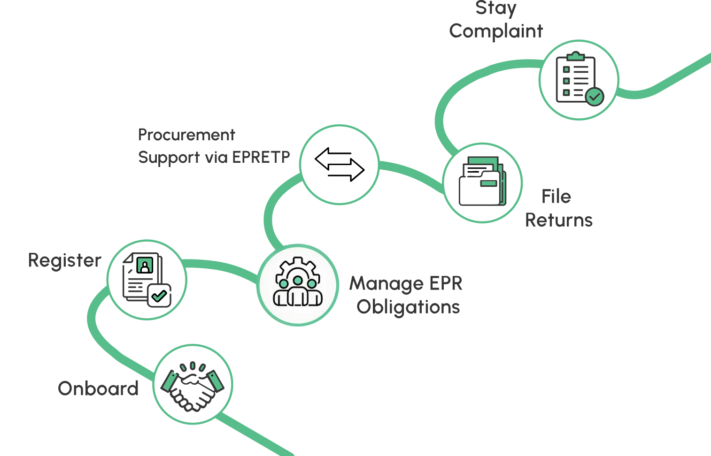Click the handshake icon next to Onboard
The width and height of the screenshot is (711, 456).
193,385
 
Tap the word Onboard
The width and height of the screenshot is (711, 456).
98,389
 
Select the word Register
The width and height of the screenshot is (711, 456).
64,260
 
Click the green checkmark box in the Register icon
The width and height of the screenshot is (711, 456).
159,296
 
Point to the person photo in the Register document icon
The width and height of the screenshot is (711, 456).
145,266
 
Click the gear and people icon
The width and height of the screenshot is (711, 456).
298,283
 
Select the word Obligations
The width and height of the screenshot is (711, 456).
408,307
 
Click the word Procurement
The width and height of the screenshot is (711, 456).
186,135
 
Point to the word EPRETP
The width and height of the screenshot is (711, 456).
261,157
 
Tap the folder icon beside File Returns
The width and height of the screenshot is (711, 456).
482,182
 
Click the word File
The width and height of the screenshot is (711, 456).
556,197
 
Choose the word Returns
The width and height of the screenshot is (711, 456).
559,220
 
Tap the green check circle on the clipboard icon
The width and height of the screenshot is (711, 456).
595,97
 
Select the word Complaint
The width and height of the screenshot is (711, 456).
496,31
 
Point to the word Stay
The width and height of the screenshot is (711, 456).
496,8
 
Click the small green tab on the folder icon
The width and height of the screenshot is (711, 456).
488,183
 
